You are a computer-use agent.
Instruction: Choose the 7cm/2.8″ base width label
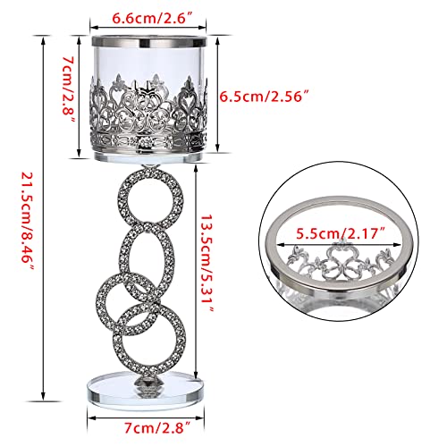(149, 426)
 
